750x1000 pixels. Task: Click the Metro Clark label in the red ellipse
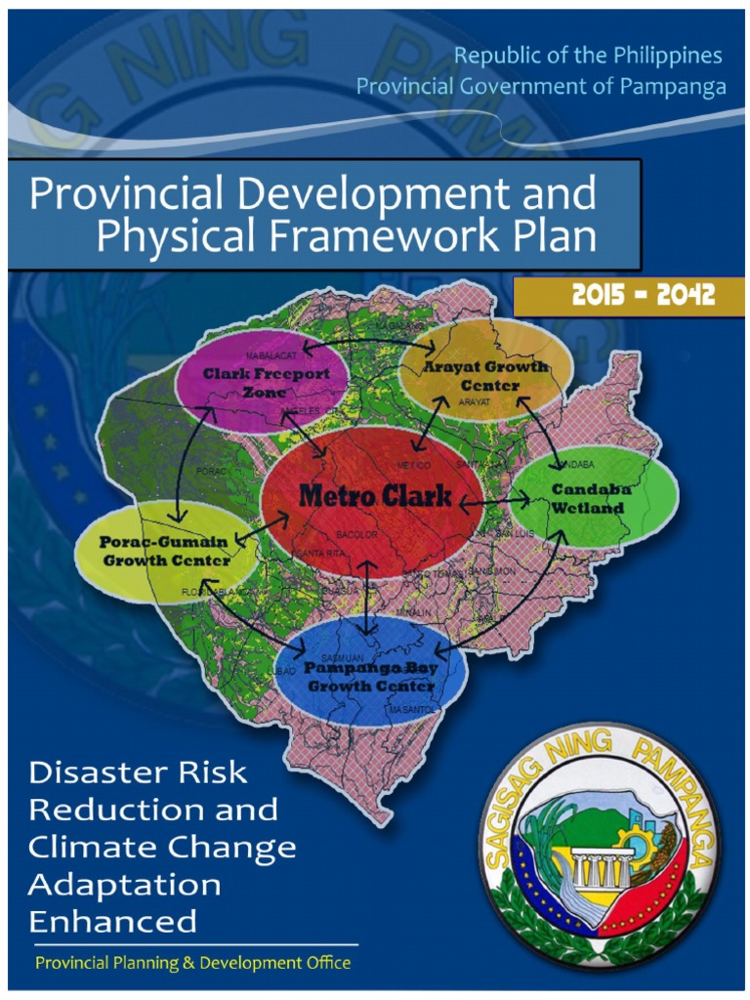coord(375,495)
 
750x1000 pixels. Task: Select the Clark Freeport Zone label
coord(266,382)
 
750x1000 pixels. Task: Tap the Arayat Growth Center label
coord(486,374)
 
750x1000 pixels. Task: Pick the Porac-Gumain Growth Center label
coord(165,551)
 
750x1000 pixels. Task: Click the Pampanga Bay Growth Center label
coord(370,677)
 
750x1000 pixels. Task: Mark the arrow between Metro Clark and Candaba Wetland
coord(494,503)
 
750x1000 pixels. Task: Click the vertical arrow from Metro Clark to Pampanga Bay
coord(366,598)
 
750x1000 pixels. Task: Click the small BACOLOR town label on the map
coord(355,536)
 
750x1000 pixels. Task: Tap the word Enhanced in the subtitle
coord(113,921)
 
